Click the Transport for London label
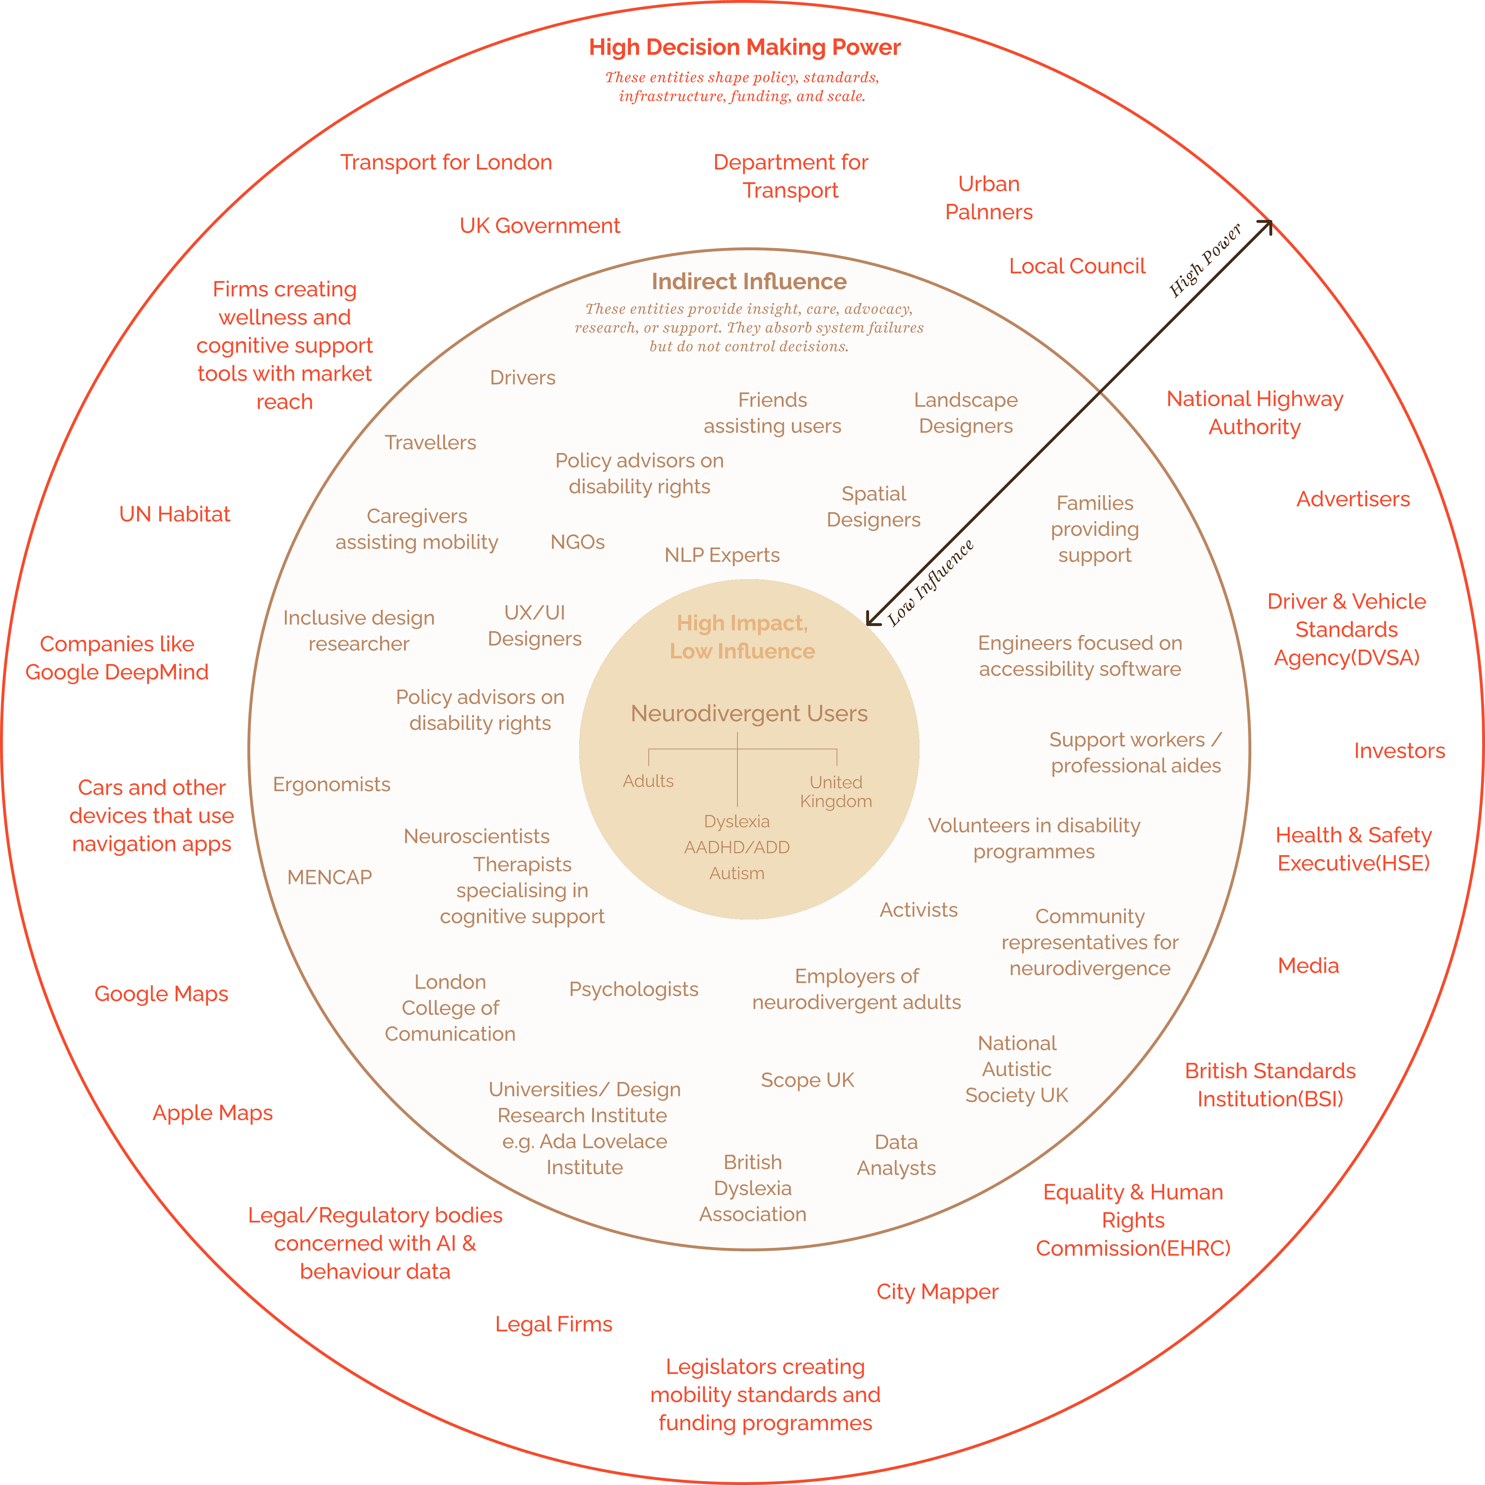pyautogui.click(x=446, y=162)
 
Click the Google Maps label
pyautogui.click(x=162, y=994)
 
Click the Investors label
pyautogui.click(x=1399, y=751)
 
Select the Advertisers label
pyautogui.click(x=1353, y=499)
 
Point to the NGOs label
pyautogui.click(x=577, y=542)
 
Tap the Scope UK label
pyautogui.click(x=807, y=1080)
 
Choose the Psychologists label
pyautogui.click(x=633, y=989)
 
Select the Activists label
pyautogui.click(x=918, y=910)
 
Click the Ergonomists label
pyautogui.click(x=331, y=785)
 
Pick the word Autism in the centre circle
pyautogui.click(x=736, y=873)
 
